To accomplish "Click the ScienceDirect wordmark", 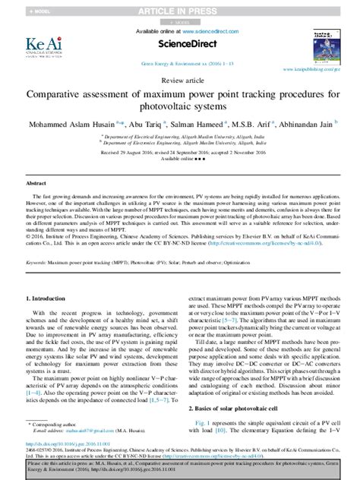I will coord(180,45).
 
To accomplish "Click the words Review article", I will coord(180,79).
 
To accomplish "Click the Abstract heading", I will coord(36,184).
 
